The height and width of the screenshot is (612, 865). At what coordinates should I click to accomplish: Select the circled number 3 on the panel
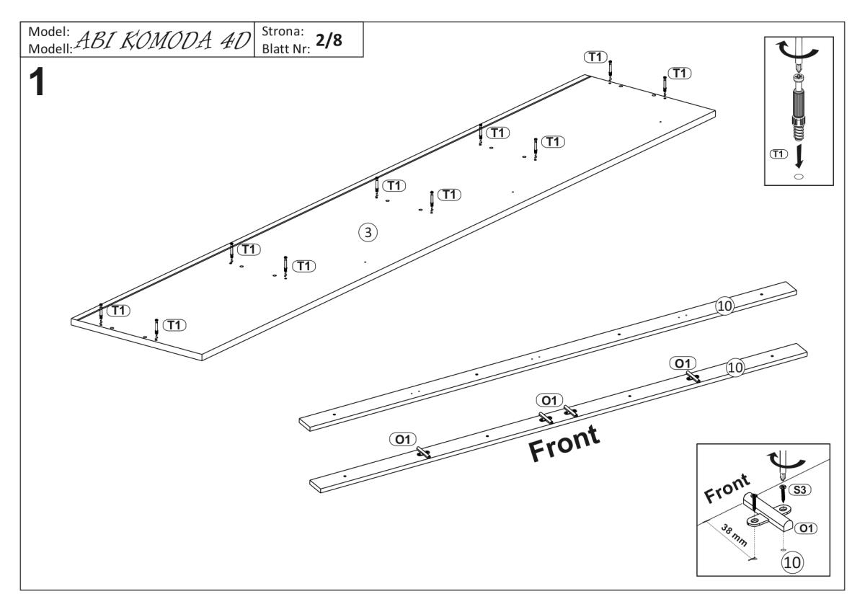(368, 232)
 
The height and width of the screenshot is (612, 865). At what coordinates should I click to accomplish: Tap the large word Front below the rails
(564, 443)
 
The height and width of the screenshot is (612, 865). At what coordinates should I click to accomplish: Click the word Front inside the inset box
(727, 488)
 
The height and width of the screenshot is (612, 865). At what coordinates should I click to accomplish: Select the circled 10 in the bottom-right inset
(791, 560)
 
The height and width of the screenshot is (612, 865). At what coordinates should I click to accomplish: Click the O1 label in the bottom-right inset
(805, 528)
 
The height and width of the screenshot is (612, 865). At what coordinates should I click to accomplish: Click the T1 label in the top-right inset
(778, 154)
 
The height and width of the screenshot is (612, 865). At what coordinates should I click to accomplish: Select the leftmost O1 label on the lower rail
(402, 438)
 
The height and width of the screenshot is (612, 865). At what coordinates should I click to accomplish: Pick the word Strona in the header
(281, 32)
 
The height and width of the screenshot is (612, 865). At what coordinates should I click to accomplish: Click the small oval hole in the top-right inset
(798, 176)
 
